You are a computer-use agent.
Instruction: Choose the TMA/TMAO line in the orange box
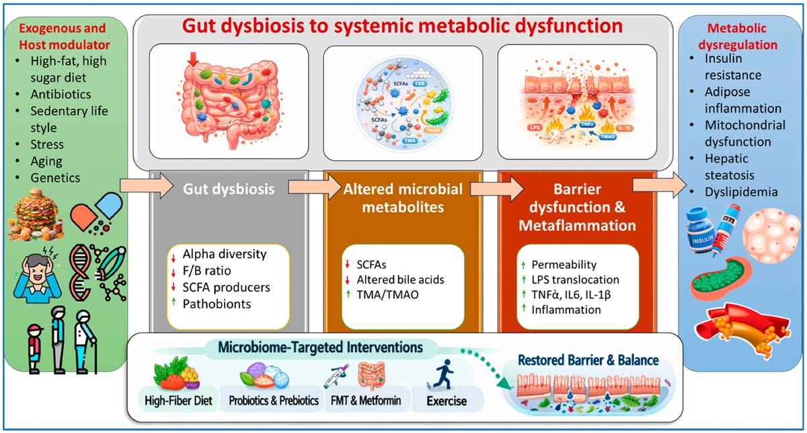click(x=388, y=294)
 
